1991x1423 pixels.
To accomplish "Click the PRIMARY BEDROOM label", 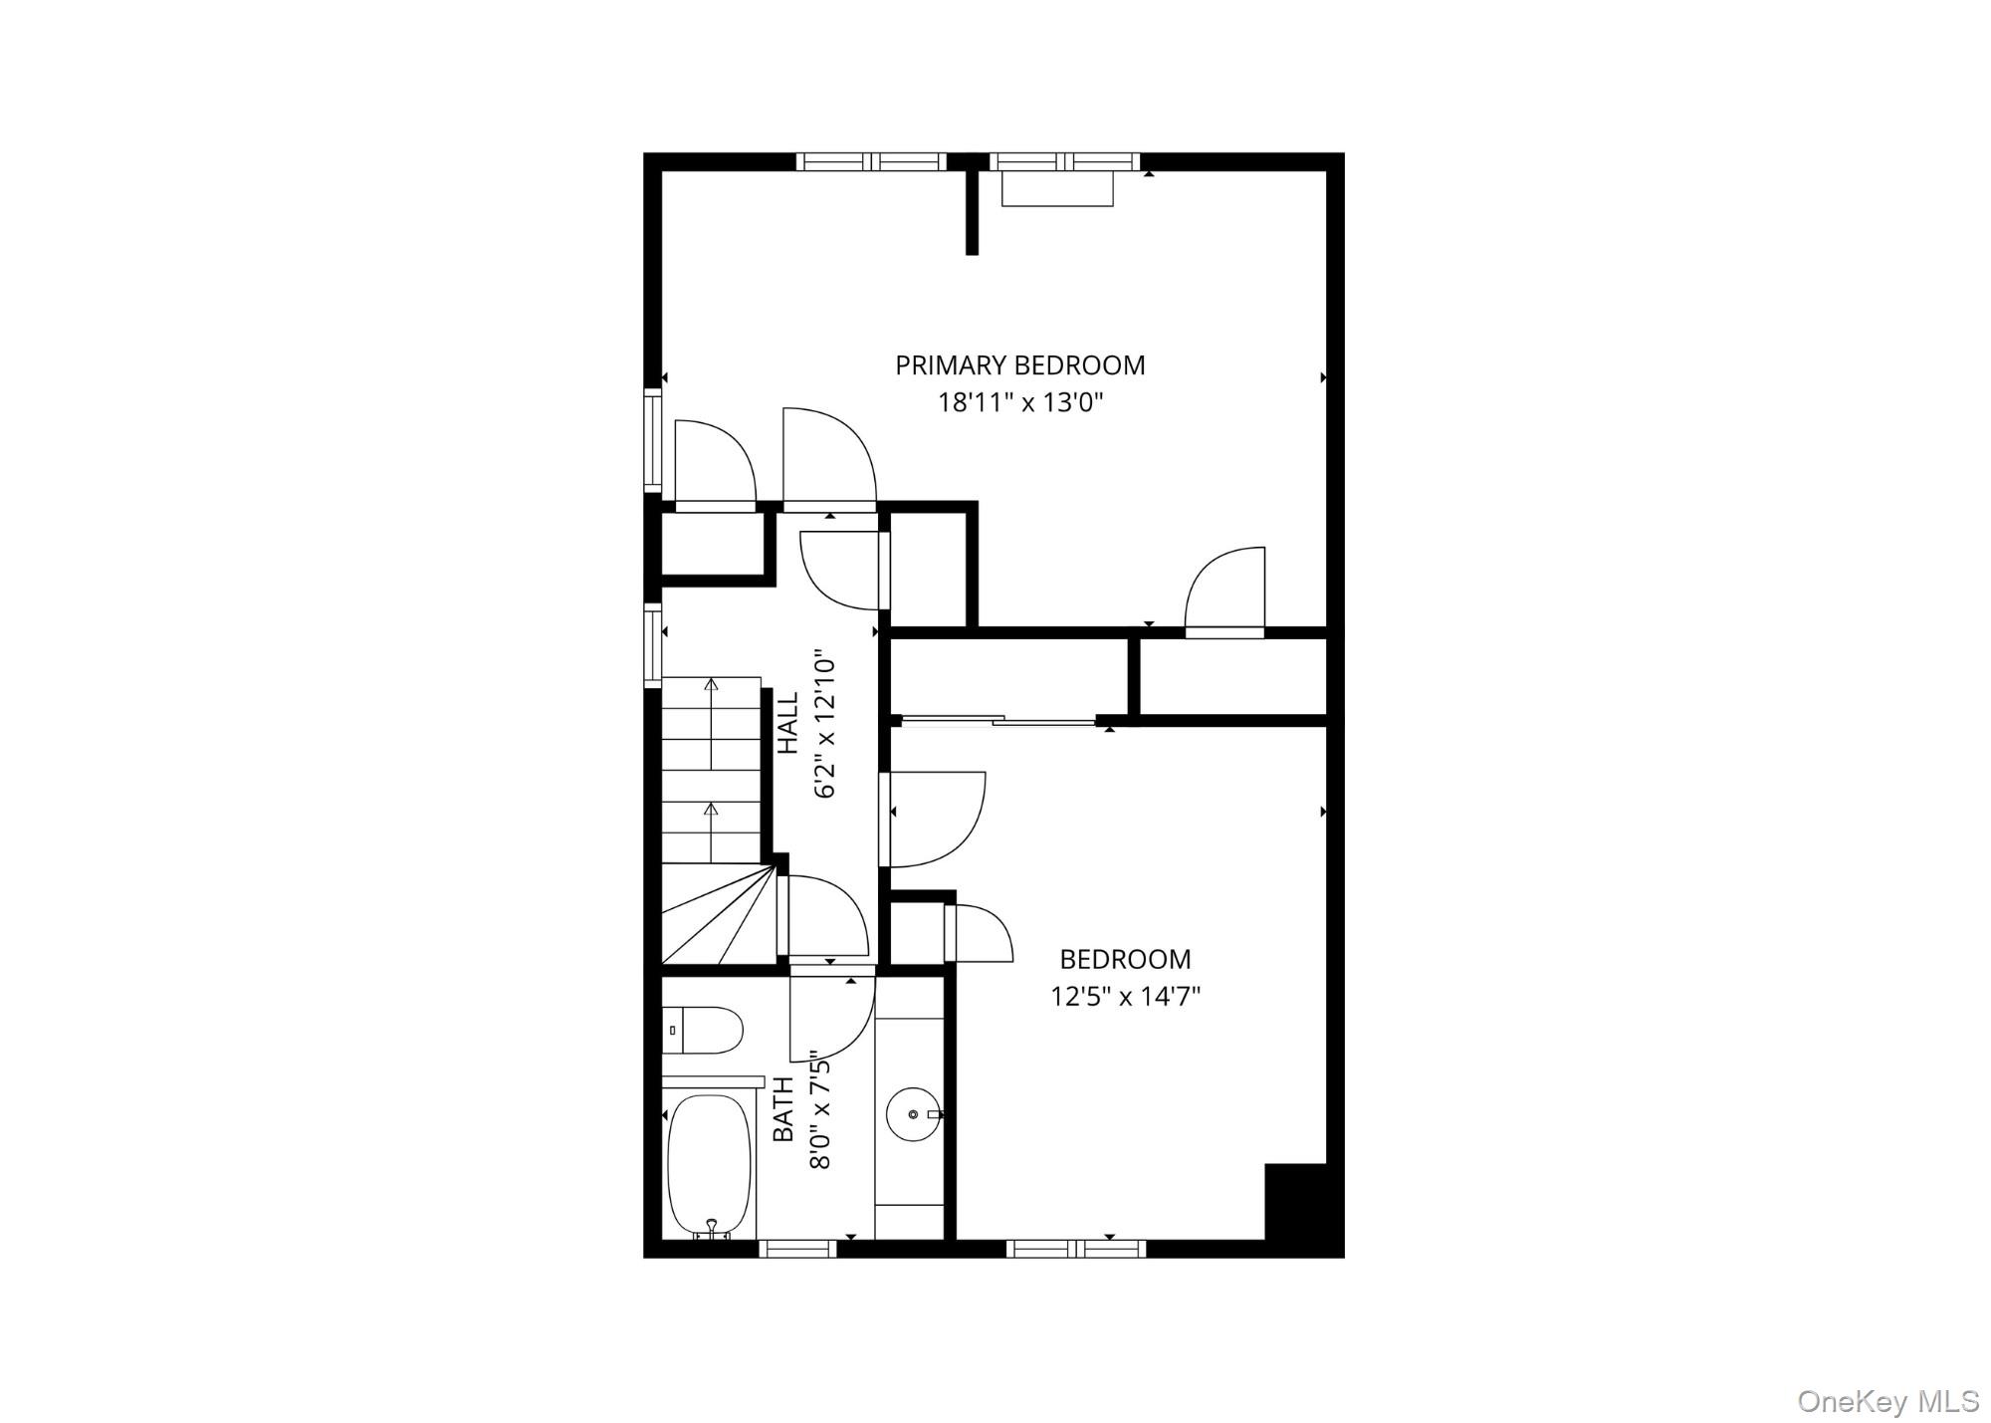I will tap(1019, 365).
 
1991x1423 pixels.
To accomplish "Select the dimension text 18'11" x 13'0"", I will tap(1020, 403).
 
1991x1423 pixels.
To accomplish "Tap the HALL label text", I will tap(787, 724).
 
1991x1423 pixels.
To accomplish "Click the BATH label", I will tap(784, 1109).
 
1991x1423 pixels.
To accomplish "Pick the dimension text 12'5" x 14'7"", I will tap(1125, 997).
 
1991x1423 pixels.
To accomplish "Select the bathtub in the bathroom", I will tap(709, 1164).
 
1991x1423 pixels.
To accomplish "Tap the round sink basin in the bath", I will tap(911, 1114).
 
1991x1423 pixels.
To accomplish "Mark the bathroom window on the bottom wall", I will tap(797, 1248).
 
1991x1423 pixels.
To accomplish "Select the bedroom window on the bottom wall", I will tap(1076, 1248).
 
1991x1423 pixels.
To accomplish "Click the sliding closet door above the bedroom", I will tap(995, 719).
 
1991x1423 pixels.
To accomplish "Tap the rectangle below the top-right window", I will tap(1056, 189).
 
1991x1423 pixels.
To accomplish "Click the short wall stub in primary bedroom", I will tap(972, 212).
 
